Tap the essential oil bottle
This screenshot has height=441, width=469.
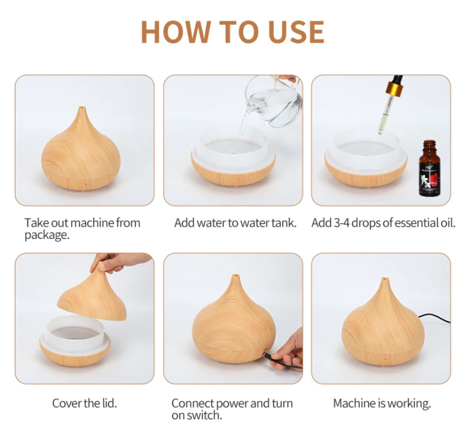point(430,169)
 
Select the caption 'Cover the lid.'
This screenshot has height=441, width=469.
point(84,403)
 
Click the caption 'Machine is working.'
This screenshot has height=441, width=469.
point(382,403)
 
